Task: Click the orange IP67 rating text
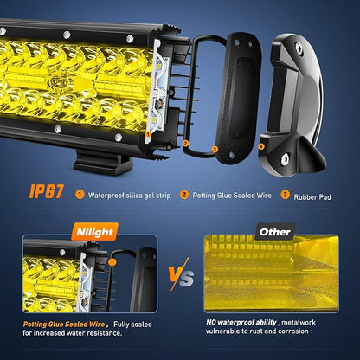pyautogui.click(x=47, y=191)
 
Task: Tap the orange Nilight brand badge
pyautogui.click(x=94, y=232)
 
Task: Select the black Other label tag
pyautogui.click(x=274, y=232)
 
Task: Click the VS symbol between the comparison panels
pyautogui.click(x=181, y=274)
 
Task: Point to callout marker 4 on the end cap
pyautogui.click(x=261, y=146)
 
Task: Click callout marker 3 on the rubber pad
pyautogui.click(x=215, y=149)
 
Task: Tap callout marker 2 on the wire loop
pyautogui.click(x=185, y=143)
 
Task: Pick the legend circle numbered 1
pyautogui.click(x=80, y=195)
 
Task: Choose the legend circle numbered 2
pyautogui.click(x=184, y=195)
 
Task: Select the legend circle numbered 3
pyautogui.click(x=285, y=195)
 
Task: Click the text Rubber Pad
pyautogui.click(x=312, y=197)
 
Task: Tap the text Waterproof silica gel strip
pyautogui.click(x=129, y=196)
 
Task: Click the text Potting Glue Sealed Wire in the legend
pyautogui.click(x=232, y=196)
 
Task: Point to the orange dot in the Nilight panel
pyautogui.click(x=112, y=262)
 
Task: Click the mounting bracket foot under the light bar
pyautogui.click(x=102, y=162)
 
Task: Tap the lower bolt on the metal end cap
pyautogui.click(x=286, y=157)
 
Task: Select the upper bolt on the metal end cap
pyautogui.click(x=299, y=46)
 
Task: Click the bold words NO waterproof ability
pyautogui.click(x=241, y=322)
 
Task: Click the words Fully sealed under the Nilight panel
pyautogui.click(x=132, y=325)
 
